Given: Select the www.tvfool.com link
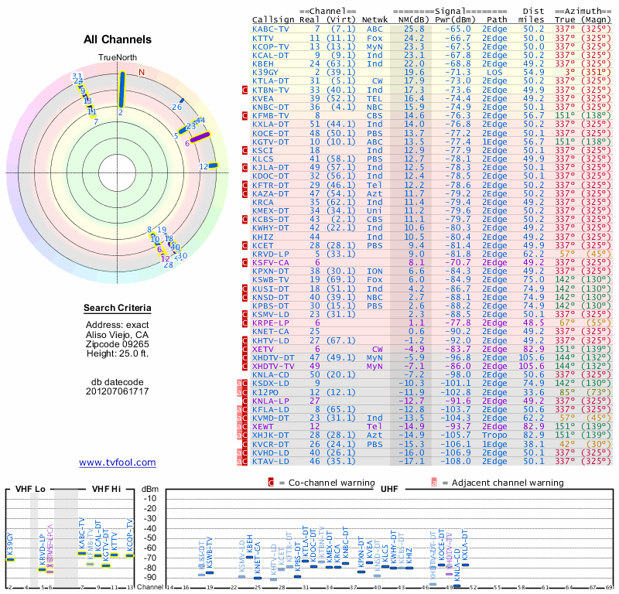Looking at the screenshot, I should (x=117, y=463).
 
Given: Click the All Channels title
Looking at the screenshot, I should (x=118, y=39).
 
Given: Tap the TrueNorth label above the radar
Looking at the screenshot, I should (x=117, y=59).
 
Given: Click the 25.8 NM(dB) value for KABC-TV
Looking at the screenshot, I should (x=413, y=29).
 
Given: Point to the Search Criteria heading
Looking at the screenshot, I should (x=118, y=309).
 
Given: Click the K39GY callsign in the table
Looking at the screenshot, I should (x=267, y=72).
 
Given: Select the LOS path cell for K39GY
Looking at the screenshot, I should (x=494, y=72).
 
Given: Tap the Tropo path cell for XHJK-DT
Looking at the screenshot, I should (x=494, y=435).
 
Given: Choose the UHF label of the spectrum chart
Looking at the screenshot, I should (x=391, y=489).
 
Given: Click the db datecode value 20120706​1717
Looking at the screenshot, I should (x=117, y=391).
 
